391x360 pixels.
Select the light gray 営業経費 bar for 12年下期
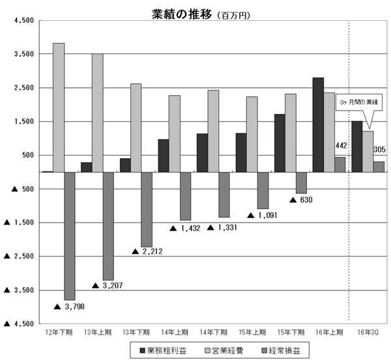59,107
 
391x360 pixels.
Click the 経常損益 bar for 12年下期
69,236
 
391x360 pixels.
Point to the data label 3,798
70,306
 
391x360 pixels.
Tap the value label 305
379,150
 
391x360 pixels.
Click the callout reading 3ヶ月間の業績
358,103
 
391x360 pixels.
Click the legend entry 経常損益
281,352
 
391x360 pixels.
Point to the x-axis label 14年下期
212,332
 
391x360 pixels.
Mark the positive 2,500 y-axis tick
23,88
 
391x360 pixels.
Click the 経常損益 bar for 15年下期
301,183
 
